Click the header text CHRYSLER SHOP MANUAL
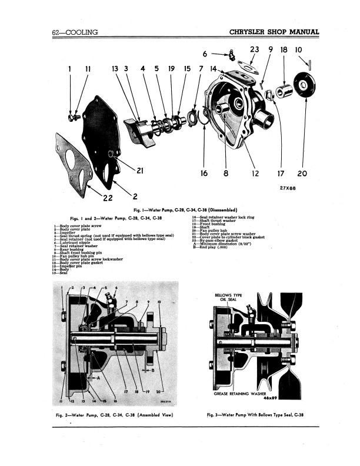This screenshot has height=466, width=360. point(274,32)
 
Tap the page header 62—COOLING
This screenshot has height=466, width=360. point(75,32)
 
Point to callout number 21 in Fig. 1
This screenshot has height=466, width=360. point(141,172)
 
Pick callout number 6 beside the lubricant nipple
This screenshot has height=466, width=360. point(205,55)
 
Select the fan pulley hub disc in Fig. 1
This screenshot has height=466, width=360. point(304,85)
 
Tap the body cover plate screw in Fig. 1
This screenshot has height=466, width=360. point(72,118)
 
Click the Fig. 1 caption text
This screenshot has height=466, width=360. point(180,211)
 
